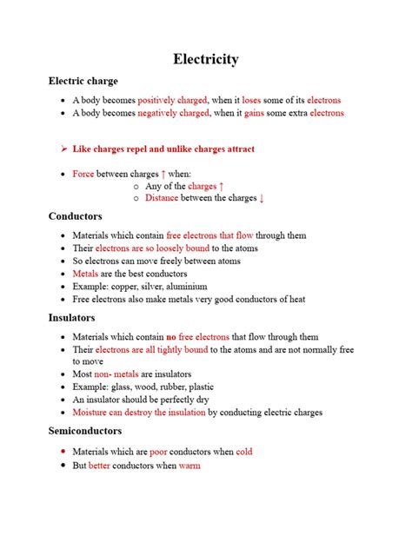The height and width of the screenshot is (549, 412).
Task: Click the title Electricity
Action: tap(206, 59)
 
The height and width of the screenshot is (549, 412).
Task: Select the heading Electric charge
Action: tap(83, 82)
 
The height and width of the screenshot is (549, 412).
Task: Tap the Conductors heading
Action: tap(76, 216)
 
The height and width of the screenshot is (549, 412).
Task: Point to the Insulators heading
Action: tap(72, 318)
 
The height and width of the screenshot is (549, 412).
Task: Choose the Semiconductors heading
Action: tap(85, 431)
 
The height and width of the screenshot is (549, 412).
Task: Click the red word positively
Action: tap(157, 101)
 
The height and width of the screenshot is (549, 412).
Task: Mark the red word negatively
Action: tap(158, 114)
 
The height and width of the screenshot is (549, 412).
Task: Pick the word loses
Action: tap(251, 101)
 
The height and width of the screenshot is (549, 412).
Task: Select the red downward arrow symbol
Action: tap(262, 198)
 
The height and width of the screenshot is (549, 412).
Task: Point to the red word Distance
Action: tap(162, 198)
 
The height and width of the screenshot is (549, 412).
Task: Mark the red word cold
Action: tap(243, 453)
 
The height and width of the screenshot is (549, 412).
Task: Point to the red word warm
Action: tap(189, 466)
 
